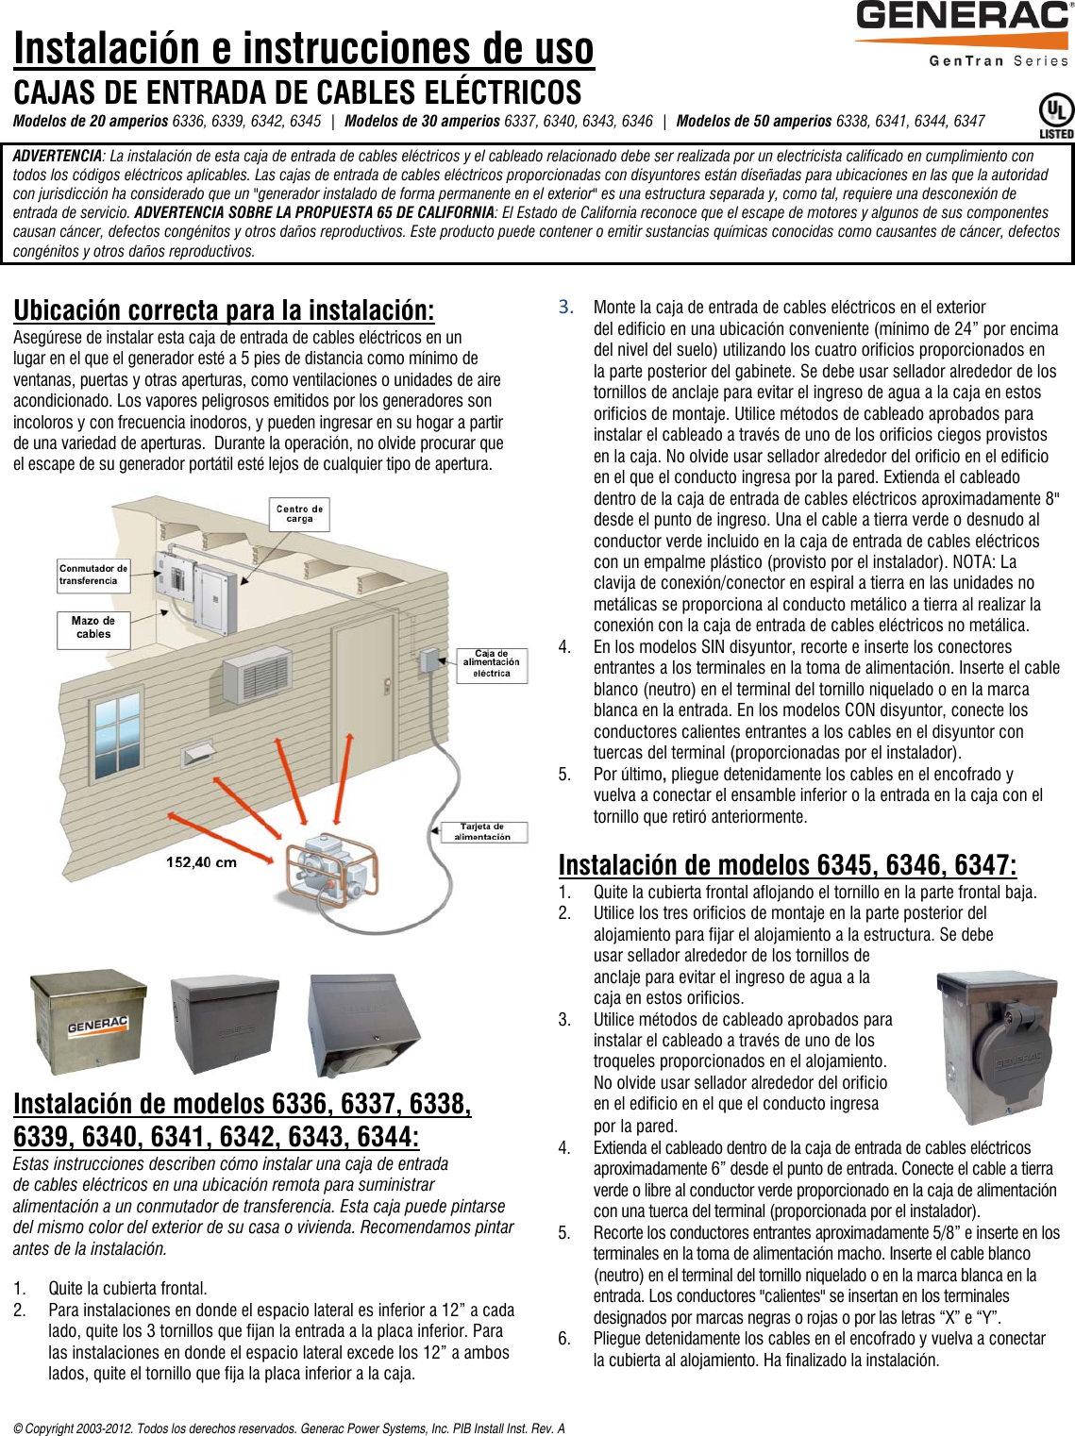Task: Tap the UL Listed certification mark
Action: click(x=1055, y=115)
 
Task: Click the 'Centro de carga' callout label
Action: click(x=299, y=514)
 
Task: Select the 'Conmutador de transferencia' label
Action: click(x=92, y=575)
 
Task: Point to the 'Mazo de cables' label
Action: click(x=93, y=628)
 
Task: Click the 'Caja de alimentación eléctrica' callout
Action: click(x=491, y=663)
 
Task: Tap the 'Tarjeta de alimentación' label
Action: click(x=482, y=831)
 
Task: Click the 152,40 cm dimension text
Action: click(x=201, y=861)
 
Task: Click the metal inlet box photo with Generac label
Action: click(x=89, y=1022)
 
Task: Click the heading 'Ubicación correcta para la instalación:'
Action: click(x=224, y=310)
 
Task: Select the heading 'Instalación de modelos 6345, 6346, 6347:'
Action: click(x=787, y=865)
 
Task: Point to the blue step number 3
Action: click(x=565, y=307)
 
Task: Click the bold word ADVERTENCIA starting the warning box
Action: click(x=57, y=156)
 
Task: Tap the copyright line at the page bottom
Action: click(x=289, y=1428)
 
